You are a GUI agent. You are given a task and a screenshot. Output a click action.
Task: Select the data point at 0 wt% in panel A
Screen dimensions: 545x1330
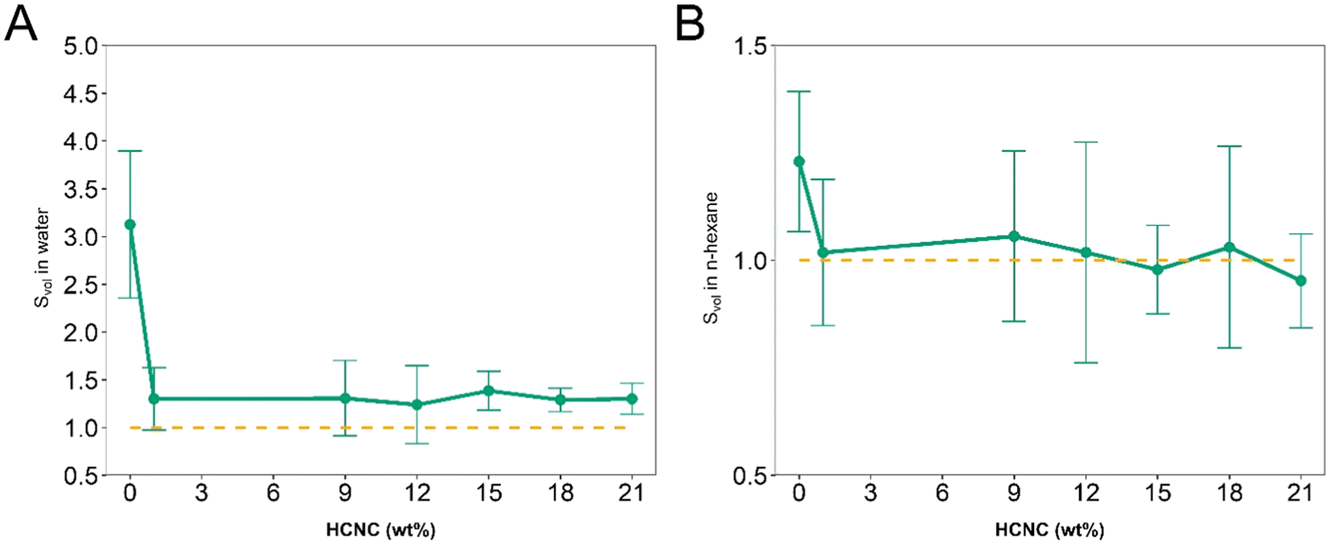click(x=130, y=224)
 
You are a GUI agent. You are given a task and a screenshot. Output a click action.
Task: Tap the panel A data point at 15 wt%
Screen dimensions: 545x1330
click(x=488, y=391)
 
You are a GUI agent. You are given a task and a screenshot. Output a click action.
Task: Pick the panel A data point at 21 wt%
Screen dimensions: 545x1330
click(x=632, y=399)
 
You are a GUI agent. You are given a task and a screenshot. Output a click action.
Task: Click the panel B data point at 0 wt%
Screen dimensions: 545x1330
click(x=799, y=162)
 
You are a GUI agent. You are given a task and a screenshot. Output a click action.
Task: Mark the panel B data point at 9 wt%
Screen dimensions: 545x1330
click(x=1014, y=236)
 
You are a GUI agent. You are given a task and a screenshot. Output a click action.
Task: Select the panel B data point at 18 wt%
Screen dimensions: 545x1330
click(x=1229, y=247)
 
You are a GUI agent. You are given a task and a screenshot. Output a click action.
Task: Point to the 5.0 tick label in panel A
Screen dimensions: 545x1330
click(x=80, y=46)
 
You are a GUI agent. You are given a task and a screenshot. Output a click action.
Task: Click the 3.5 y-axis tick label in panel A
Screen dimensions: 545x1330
click(x=80, y=190)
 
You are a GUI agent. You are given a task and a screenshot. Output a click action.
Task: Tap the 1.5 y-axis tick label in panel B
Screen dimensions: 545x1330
click(x=749, y=46)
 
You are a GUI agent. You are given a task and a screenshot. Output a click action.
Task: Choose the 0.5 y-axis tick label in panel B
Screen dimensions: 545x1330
click(x=749, y=476)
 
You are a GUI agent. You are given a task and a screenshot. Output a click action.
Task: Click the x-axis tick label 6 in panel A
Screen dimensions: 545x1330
click(x=273, y=492)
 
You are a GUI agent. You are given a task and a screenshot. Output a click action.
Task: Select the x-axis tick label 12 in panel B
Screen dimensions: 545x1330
click(x=1086, y=492)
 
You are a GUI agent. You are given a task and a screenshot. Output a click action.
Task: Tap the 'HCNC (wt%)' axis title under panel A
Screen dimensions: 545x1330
click(x=380, y=530)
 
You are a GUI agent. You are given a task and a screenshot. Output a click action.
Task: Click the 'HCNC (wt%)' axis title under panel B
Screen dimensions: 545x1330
click(x=1049, y=530)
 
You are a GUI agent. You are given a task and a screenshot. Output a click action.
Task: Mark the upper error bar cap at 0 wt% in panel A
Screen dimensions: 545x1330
click(x=130, y=151)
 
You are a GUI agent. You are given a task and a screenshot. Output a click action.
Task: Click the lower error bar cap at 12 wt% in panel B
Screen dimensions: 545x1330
click(x=1086, y=363)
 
